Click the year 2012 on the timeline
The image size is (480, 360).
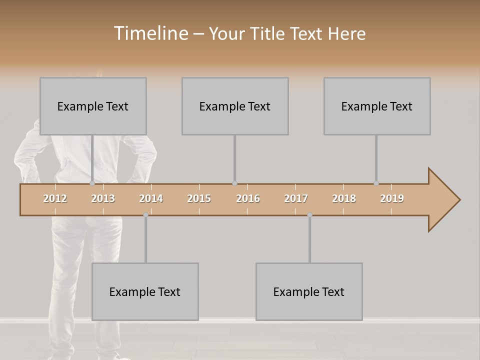click(55, 198)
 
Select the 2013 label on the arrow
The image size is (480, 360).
click(103, 198)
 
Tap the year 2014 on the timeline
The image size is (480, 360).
click(151, 198)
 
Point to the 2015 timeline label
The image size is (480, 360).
click(199, 198)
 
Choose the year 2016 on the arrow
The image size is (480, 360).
click(248, 198)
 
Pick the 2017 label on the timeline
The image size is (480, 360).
click(296, 198)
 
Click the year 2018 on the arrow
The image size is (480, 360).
click(344, 198)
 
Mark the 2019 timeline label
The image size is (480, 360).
click(392, 198)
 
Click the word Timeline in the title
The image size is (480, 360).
click(150, 33)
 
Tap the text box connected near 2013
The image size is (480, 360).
click(93, 106)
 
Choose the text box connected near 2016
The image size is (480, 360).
click(235, 106)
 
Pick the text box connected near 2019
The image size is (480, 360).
click(377, 106)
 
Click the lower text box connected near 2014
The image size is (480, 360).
click(145, 291)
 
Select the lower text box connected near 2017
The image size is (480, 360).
click(309, 291)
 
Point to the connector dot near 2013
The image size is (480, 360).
click(92, 183)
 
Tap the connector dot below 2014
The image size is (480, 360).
click(145, 214)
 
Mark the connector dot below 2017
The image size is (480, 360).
click(309, 214)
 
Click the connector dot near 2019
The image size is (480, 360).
click(376, 183)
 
